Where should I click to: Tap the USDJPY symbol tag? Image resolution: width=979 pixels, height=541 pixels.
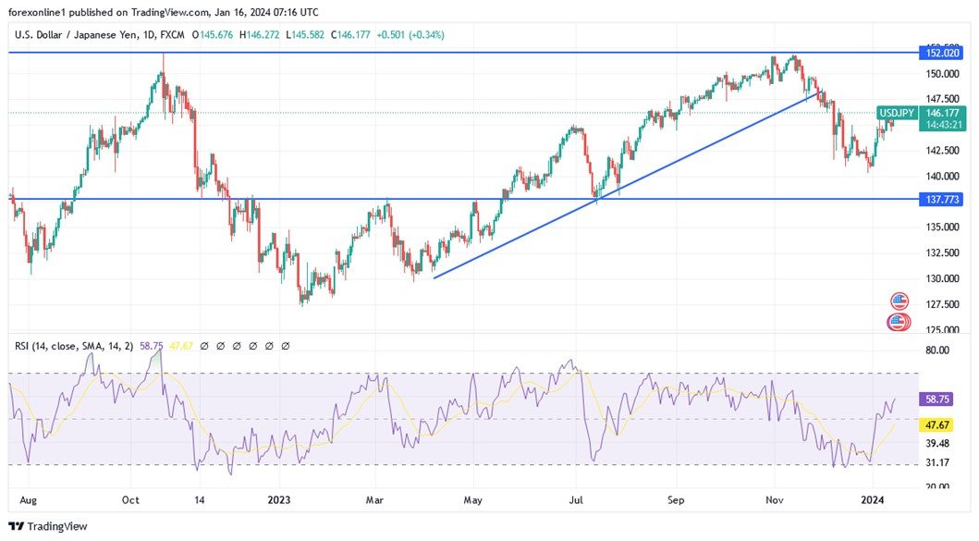click(896, 113)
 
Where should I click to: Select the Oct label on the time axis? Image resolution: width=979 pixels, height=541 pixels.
click(130, 500)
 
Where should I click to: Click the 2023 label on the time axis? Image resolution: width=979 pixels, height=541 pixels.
click(280, 500)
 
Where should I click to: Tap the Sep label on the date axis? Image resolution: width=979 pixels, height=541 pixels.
click(677, 500)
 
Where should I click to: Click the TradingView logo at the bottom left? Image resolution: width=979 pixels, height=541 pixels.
click(52, 526)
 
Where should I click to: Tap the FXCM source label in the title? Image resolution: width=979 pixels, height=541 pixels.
click(171, 35)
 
